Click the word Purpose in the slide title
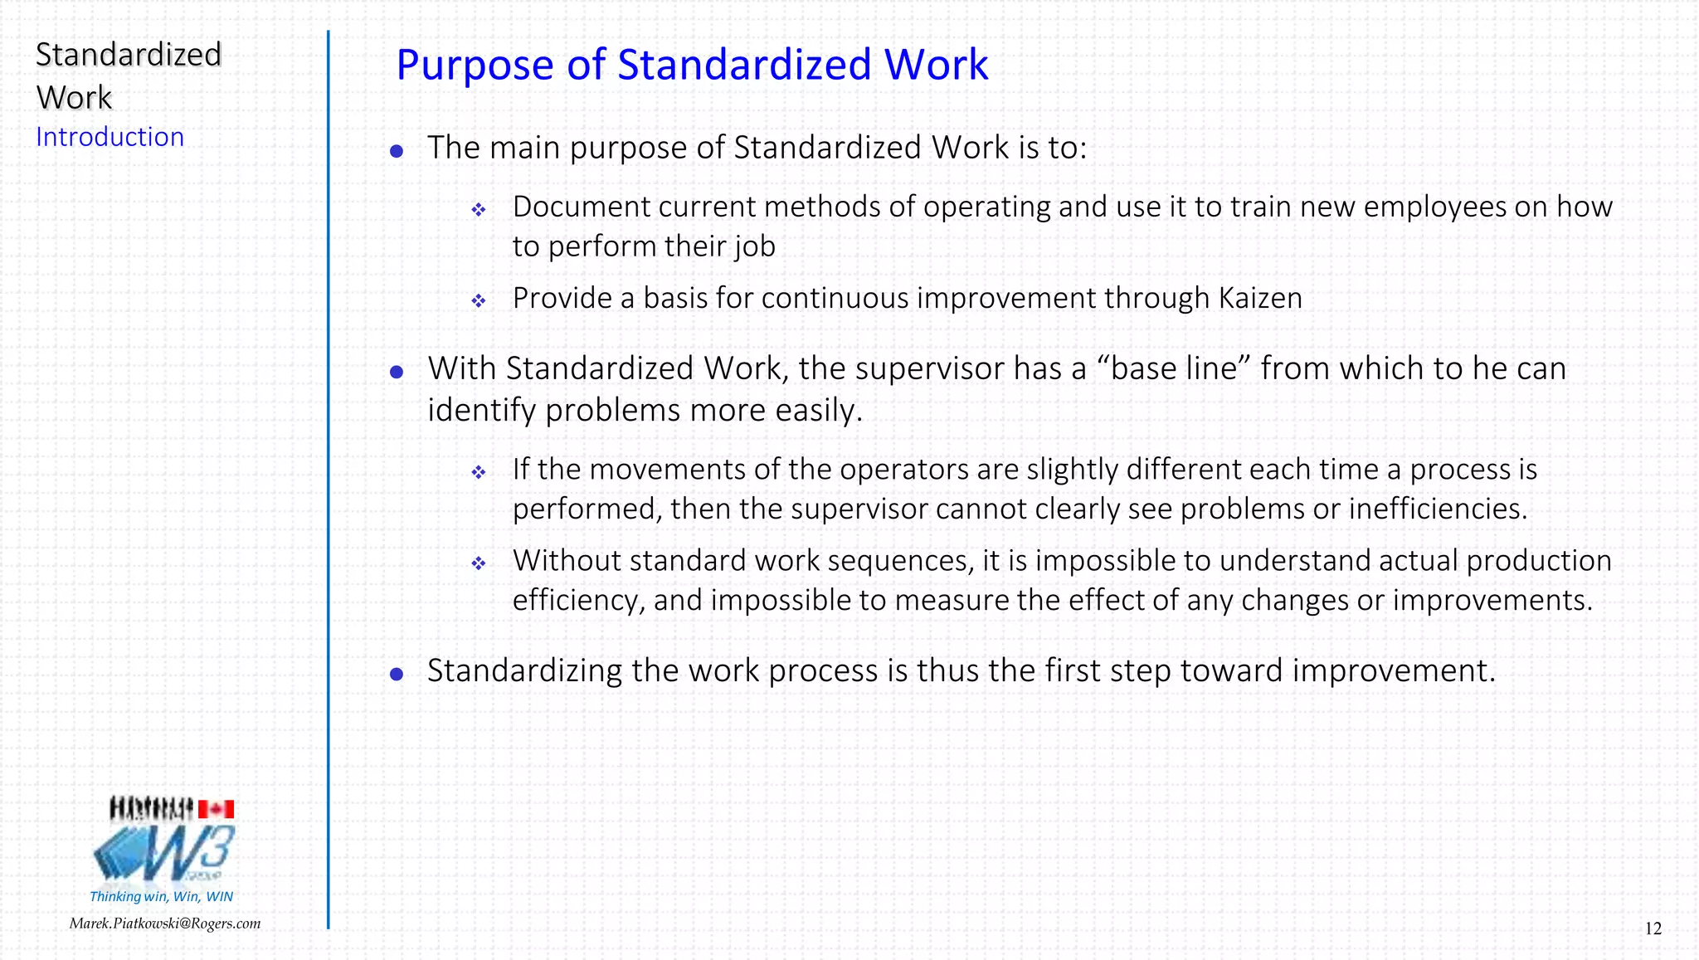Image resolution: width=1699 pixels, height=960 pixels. [x=475, y=65]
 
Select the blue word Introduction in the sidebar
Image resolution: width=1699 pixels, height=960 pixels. [x=110, y=137]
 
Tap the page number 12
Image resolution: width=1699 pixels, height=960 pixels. [x=1653, y=928]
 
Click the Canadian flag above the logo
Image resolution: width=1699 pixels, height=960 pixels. [x=216, y=809]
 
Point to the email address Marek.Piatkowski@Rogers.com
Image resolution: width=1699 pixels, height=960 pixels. [x=164, y=923]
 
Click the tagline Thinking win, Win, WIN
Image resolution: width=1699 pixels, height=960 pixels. [x=161, y=896]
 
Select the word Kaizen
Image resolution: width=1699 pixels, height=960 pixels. [x=1260, y=298]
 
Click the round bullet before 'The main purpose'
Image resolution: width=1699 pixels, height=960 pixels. [x=397, y=151]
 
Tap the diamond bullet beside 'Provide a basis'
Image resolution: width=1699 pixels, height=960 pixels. [x=479, y=300]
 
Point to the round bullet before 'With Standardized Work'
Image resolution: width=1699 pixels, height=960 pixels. [x=397, y=372]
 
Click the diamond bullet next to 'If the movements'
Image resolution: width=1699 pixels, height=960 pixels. [x=479, y=472]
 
